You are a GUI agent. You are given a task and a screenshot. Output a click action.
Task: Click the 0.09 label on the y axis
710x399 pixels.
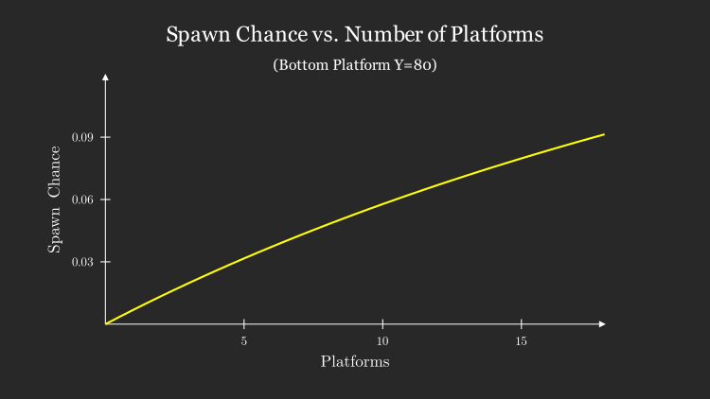[83, 137]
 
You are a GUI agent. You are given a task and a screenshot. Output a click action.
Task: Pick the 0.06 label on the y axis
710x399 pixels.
[83, 199]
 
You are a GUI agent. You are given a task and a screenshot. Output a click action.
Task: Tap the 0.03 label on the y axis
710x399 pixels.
[83, 262]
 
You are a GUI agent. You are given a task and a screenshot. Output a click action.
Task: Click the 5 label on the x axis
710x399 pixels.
[244, 340]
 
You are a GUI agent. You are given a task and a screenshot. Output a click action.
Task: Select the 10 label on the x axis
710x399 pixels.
[382, 340]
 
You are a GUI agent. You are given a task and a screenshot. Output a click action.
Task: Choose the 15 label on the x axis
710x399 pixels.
[522, 340]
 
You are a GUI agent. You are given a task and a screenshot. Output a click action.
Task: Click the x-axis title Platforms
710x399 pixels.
[355, 361]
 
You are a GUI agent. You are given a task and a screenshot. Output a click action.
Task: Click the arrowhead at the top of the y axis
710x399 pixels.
[105, 76]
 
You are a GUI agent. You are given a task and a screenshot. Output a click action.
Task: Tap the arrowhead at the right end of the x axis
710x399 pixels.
[601, 324]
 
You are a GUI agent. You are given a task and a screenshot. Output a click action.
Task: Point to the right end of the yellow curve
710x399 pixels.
[604, 134]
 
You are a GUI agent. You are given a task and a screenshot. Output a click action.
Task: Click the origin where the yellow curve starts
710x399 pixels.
[105, 324]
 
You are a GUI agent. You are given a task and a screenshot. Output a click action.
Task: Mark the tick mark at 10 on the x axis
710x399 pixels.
[382, 324]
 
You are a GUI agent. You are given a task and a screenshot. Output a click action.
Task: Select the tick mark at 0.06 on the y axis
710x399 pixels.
[105, 199]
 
